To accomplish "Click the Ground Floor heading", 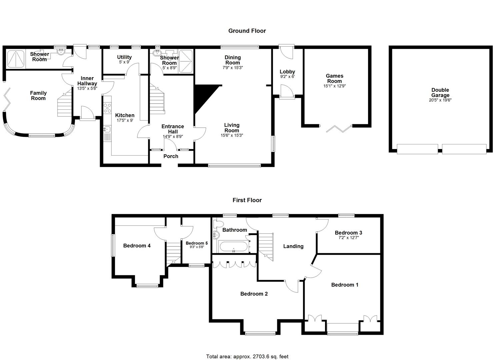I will click(247, 31).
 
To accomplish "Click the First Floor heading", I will click(247, 200).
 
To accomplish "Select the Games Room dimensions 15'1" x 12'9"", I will click(334, 86).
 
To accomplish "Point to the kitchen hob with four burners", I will click(108, 108).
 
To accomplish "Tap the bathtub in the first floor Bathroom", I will click(233, 247).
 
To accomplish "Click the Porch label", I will click(171, 156).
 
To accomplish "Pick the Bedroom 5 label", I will click(197, 243).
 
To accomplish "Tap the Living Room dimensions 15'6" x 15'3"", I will click(232, 135).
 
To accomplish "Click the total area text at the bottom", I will click(247, 356).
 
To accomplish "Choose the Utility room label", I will click(124, 57).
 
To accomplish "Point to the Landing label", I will click(293, 246).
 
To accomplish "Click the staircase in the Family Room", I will click(64, 105).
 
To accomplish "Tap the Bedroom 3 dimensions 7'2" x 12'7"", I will click(348, 238).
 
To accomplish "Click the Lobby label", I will click(287, 72).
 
